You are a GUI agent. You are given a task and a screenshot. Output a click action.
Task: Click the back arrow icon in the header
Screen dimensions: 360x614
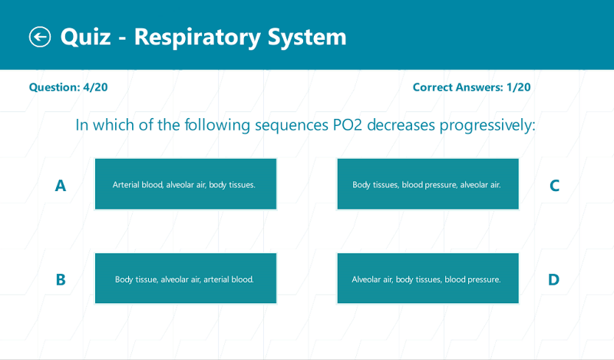(40, 36)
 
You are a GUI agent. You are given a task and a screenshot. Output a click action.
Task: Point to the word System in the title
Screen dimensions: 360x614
(307, 36)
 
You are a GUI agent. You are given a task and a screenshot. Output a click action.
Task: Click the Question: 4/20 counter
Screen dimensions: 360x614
(68, 87)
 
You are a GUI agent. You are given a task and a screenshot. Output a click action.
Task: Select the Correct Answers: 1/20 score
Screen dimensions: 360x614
(471, 87)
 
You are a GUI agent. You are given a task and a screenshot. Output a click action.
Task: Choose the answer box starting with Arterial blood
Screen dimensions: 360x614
(185, 184)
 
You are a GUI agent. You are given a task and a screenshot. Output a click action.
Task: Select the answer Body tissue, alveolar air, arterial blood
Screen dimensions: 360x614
(185, 279)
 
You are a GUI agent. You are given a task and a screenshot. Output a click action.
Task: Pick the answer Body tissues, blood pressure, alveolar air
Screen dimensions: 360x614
(427, 184)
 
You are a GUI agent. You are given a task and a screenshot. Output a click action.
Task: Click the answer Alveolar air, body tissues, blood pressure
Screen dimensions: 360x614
(427, 279)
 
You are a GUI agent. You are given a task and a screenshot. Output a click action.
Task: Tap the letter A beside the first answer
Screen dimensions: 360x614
(61, 185)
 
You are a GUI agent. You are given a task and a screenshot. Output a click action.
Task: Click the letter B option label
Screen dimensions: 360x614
(61, 279)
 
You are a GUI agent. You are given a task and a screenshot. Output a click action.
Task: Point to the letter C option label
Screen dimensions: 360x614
(553, 185)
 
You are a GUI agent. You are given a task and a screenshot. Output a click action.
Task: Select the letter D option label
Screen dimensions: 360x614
(553, 279)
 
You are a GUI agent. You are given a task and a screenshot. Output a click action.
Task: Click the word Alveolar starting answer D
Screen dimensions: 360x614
(366, 279)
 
